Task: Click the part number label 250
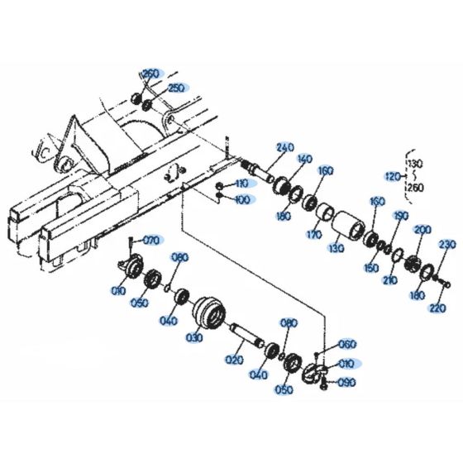tap(176, 87)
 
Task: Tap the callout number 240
tap(285, 148)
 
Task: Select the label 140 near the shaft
tap(305, 159)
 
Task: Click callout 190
tap(401, 216)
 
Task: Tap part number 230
tap(446, 244)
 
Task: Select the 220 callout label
tap(437, 308)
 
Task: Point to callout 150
tap(372, 269)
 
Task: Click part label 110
tap(241, 183)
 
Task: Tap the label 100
tap(241, 200)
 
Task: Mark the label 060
tap(347, 344)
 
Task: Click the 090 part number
tap(346, 382)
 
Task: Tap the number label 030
tap(195, 338)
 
